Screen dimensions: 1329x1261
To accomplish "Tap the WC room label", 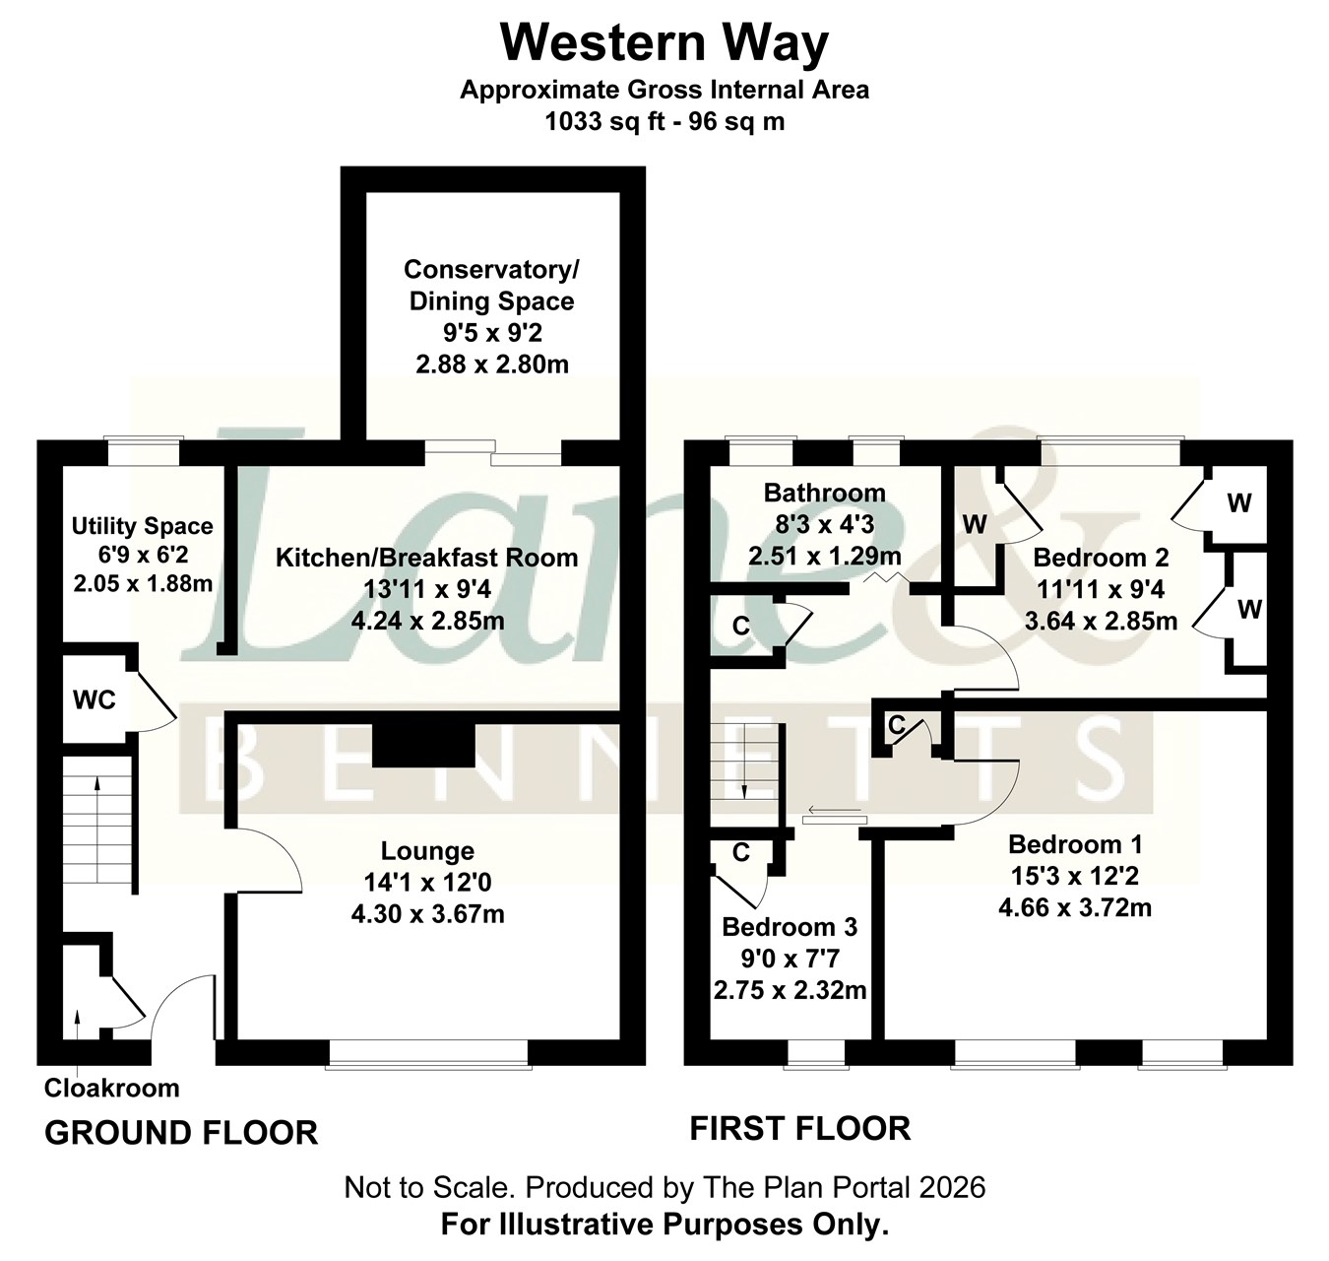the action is click(95, 700).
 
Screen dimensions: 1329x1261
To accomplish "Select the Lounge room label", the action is click(428, 850).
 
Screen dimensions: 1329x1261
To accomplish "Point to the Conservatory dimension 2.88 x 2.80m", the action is click(492, 365).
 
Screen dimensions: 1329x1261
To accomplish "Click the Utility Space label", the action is click(142, 526).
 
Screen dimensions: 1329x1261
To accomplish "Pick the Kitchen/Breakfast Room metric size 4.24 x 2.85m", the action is click(428, 621).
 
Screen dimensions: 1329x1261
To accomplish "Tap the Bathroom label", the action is click(825, 493).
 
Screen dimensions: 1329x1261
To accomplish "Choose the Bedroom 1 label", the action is click(1075, 844).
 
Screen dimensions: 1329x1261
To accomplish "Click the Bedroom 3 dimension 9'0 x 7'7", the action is click(790, 959).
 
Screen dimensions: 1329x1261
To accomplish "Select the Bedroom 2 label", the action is click(1102, 558).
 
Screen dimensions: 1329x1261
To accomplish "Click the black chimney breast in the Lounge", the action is click(424, 746).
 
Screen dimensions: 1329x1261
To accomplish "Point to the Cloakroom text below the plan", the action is click(111, 1088).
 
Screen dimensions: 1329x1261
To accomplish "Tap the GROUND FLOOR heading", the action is click(181, 1133).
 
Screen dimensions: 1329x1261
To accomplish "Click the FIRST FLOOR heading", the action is click(800, 1128).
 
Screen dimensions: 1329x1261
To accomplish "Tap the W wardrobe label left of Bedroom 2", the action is click(974, 524).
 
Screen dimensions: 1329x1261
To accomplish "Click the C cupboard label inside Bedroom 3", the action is click(741, 852).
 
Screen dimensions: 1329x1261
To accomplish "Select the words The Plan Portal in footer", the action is click(781, 1187).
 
